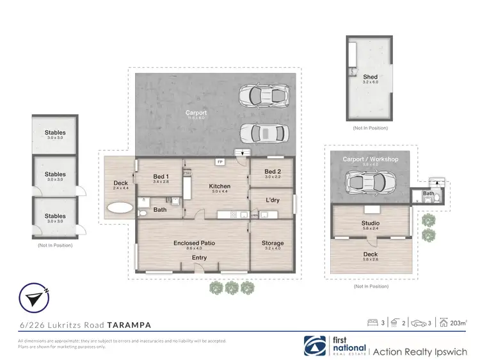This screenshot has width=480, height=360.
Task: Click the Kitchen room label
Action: tap(220, 186)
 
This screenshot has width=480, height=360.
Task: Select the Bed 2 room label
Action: tap(273, 171)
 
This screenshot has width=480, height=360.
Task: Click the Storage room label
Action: tap(273, 243)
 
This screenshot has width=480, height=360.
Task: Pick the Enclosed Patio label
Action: tap(193, 243)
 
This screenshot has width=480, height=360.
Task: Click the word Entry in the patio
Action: tap(200, 258)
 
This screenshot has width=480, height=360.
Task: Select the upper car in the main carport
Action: tap(262, 96)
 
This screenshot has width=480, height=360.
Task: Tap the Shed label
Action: tap(370, 77)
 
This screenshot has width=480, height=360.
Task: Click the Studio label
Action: tap(371, 224)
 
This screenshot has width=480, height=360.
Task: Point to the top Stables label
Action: tap(55, 133)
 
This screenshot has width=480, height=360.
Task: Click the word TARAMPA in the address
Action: tap(129, 325)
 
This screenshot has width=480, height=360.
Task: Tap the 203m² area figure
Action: tap(458, 323)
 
